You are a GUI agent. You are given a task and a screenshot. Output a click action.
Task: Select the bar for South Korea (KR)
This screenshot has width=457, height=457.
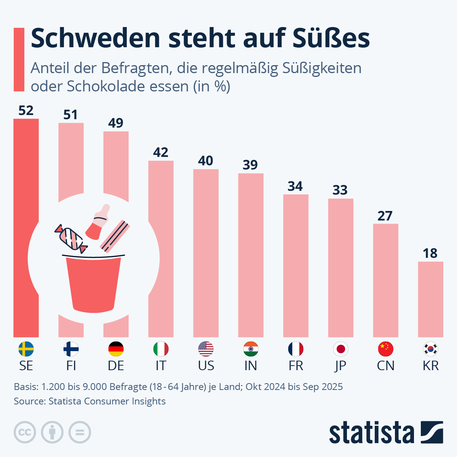(430, 299)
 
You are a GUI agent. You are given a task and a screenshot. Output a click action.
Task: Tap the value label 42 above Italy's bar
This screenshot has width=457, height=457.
(161, 152)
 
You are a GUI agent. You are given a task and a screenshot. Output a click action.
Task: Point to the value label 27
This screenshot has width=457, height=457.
(385, 216)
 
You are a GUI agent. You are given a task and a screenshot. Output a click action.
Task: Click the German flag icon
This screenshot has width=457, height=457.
(116, 349)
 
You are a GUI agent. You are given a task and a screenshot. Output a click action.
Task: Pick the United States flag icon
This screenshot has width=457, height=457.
(206, 349)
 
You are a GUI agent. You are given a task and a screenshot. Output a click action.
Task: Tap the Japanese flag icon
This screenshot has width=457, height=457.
(340, 349)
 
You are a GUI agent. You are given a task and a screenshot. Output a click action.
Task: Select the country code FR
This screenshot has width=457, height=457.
(296, 366)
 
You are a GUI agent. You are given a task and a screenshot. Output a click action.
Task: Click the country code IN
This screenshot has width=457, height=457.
(251, 366)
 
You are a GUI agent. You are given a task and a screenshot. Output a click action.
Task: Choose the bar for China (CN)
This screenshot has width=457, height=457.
(385, 280)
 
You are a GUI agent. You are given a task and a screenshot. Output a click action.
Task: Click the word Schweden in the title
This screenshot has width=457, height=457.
(95, 38)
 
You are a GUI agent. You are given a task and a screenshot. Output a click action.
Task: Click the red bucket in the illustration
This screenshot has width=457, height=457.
(93, 284)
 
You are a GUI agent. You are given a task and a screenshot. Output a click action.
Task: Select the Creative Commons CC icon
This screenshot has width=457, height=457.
(25, 432)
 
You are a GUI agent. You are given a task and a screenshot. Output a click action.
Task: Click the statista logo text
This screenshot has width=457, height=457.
(371, 433)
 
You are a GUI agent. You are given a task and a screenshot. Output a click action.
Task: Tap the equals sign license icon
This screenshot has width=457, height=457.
(80, 432)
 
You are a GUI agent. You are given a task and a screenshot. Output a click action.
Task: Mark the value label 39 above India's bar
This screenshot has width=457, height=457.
(250, 165)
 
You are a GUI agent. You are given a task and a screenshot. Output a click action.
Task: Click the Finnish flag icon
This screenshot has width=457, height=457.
(71, 349)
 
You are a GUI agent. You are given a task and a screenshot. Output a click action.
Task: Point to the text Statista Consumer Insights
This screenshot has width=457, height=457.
(107, 401)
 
